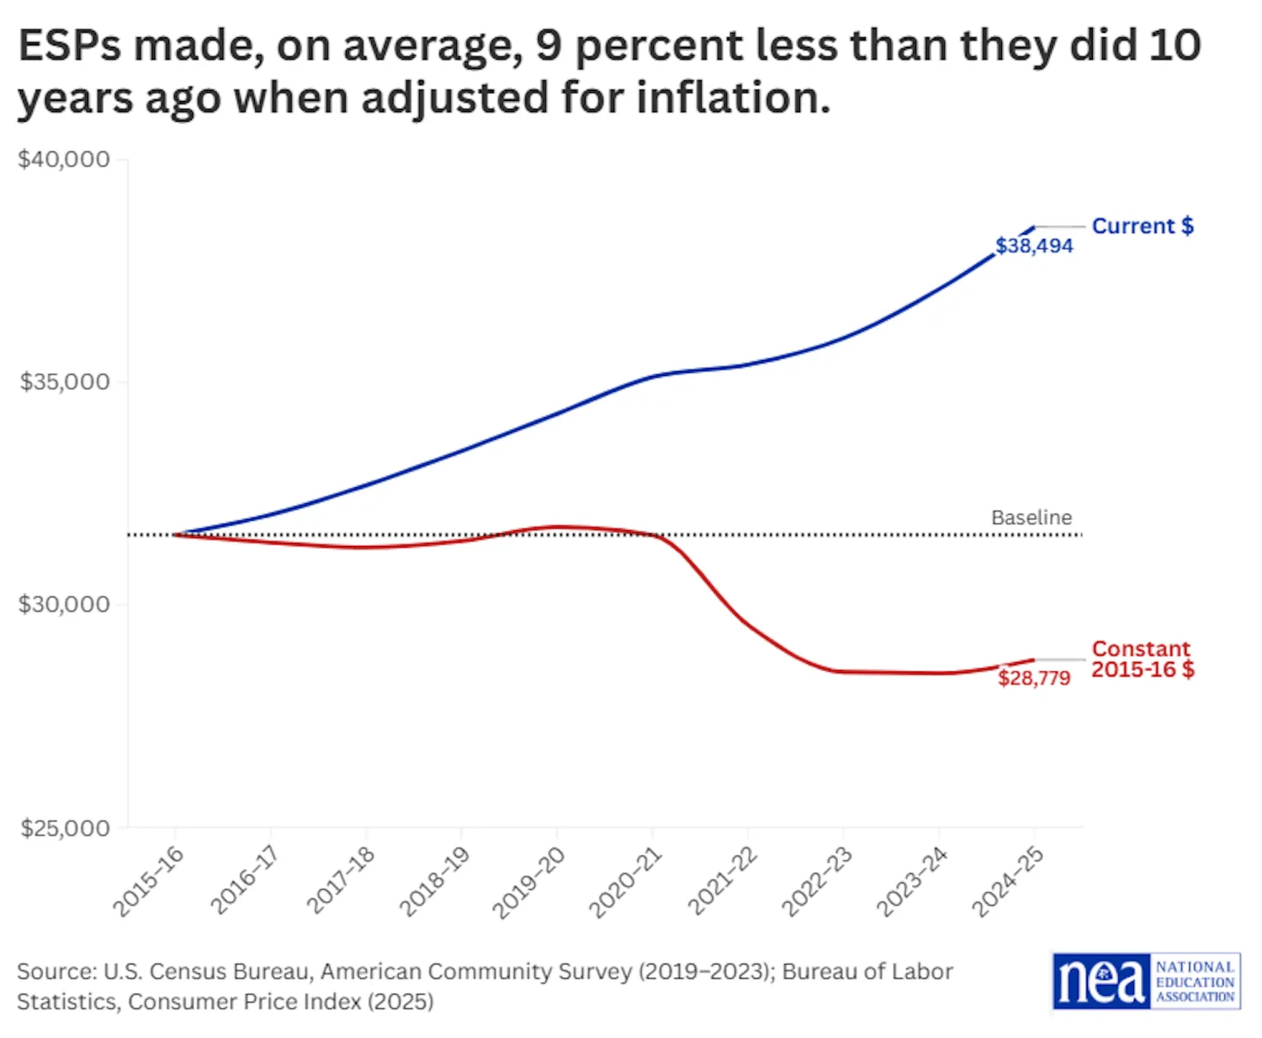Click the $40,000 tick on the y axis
point(65,159)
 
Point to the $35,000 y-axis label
point(65,382)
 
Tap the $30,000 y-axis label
point(65,605)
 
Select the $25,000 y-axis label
point(65,829)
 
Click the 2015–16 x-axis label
point(149,881)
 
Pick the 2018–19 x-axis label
point(434,881)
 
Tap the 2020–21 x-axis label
point(625,881)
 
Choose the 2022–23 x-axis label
point(817,881)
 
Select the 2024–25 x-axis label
point(1008,881)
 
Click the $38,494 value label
point(1034,246)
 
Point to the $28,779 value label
point(1034,678)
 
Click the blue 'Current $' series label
point(1143,226)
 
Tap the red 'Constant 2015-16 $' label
point(1143,659)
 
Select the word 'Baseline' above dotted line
point(1031,517)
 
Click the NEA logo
point(1146,981)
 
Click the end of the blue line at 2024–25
point(1033,227)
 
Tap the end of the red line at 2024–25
point(1033,659)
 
